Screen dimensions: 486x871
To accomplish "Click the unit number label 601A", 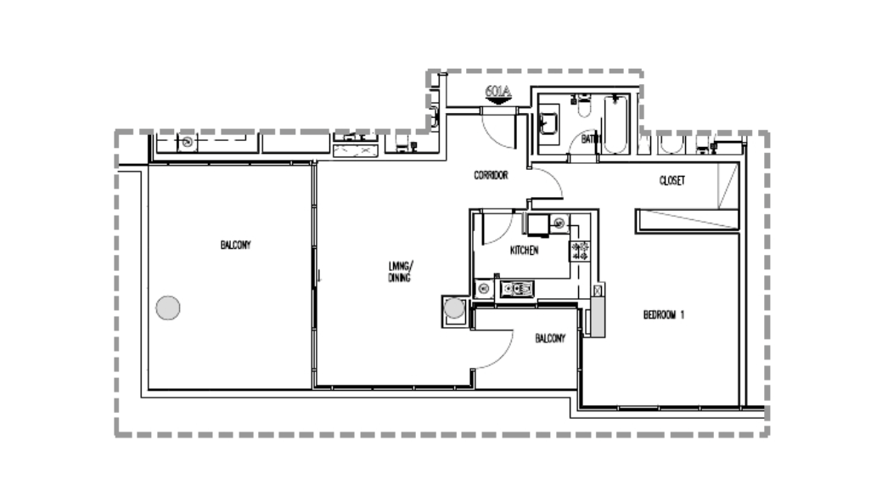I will [x=497, y=89].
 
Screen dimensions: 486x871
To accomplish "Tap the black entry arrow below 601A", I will [x=497, y=100].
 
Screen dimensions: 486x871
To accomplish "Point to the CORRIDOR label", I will [x=491, y=176].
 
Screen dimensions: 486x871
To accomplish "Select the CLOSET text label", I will [x=672, y=181].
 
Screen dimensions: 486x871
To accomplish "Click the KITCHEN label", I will [x=525, y=251].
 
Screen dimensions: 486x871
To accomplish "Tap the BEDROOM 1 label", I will [x=664, y=315].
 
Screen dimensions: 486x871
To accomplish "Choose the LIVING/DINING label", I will [x=399, y=272].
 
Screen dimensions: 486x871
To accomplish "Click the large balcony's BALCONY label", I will [x=235, y=245].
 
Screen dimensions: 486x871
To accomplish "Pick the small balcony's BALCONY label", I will [x=549, y=338].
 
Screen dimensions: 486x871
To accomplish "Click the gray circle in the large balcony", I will [x=169, y=307].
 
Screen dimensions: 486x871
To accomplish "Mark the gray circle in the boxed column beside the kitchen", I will [x=455, y=308].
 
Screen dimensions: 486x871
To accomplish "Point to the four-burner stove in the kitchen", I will [x=580, y=250].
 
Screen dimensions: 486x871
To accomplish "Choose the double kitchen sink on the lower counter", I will [x=516, y=289].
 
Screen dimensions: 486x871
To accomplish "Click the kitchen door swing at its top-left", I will [x=495, y=228].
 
